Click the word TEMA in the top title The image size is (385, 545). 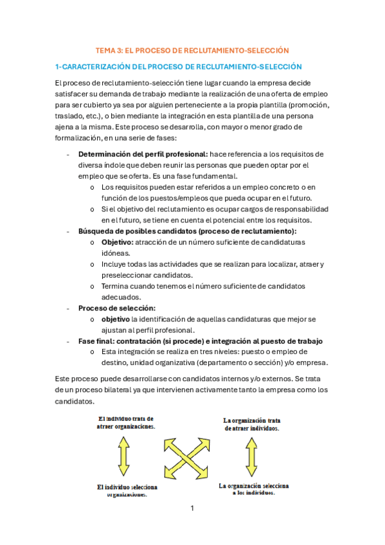tap(105, 49)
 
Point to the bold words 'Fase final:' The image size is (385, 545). tap(97, 341)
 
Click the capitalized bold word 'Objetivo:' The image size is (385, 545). tap(116, 242)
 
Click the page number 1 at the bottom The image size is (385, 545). tap(192, 508)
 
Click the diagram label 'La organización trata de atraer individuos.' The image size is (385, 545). tap(251, 424)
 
